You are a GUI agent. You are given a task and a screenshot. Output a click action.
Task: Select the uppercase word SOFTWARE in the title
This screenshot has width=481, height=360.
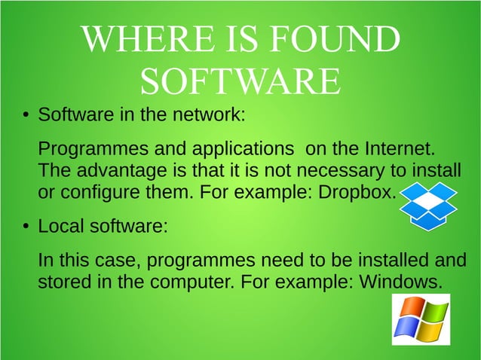tap(239, 81)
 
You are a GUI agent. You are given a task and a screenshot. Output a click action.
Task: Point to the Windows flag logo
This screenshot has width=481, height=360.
tap(421, 319)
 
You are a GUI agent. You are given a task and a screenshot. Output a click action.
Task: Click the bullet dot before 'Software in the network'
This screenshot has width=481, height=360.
tap(25, 117)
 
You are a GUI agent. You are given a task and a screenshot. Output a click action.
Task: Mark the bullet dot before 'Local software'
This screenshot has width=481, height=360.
tap(25, 227)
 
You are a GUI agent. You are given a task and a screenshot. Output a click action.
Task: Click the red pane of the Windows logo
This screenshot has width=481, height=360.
tap(412, 308)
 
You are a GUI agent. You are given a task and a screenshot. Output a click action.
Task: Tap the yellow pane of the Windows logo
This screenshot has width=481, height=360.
tap(429, 332)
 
